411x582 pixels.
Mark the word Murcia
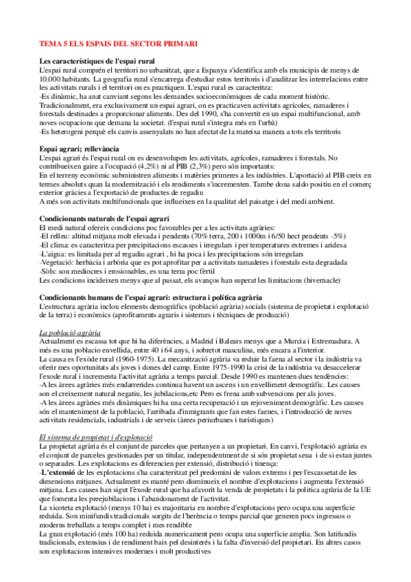[296, 321]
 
